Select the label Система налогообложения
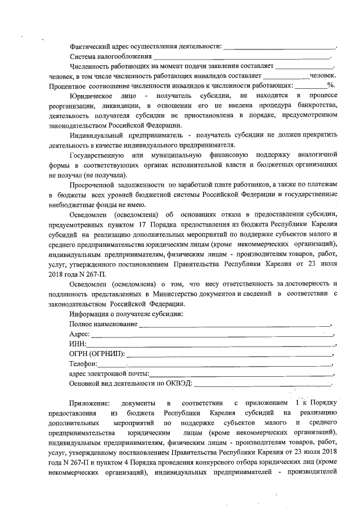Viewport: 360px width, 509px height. click(x=110, y=57)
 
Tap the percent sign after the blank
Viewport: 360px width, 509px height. click(x=331, y=85)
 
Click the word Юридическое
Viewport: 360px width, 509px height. click(x=91, y=96)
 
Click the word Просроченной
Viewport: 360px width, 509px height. click(x=93, y=184)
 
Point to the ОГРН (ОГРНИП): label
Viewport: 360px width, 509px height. click(x=96, y=354)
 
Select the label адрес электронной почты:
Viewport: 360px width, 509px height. click(x=109, y=373)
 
